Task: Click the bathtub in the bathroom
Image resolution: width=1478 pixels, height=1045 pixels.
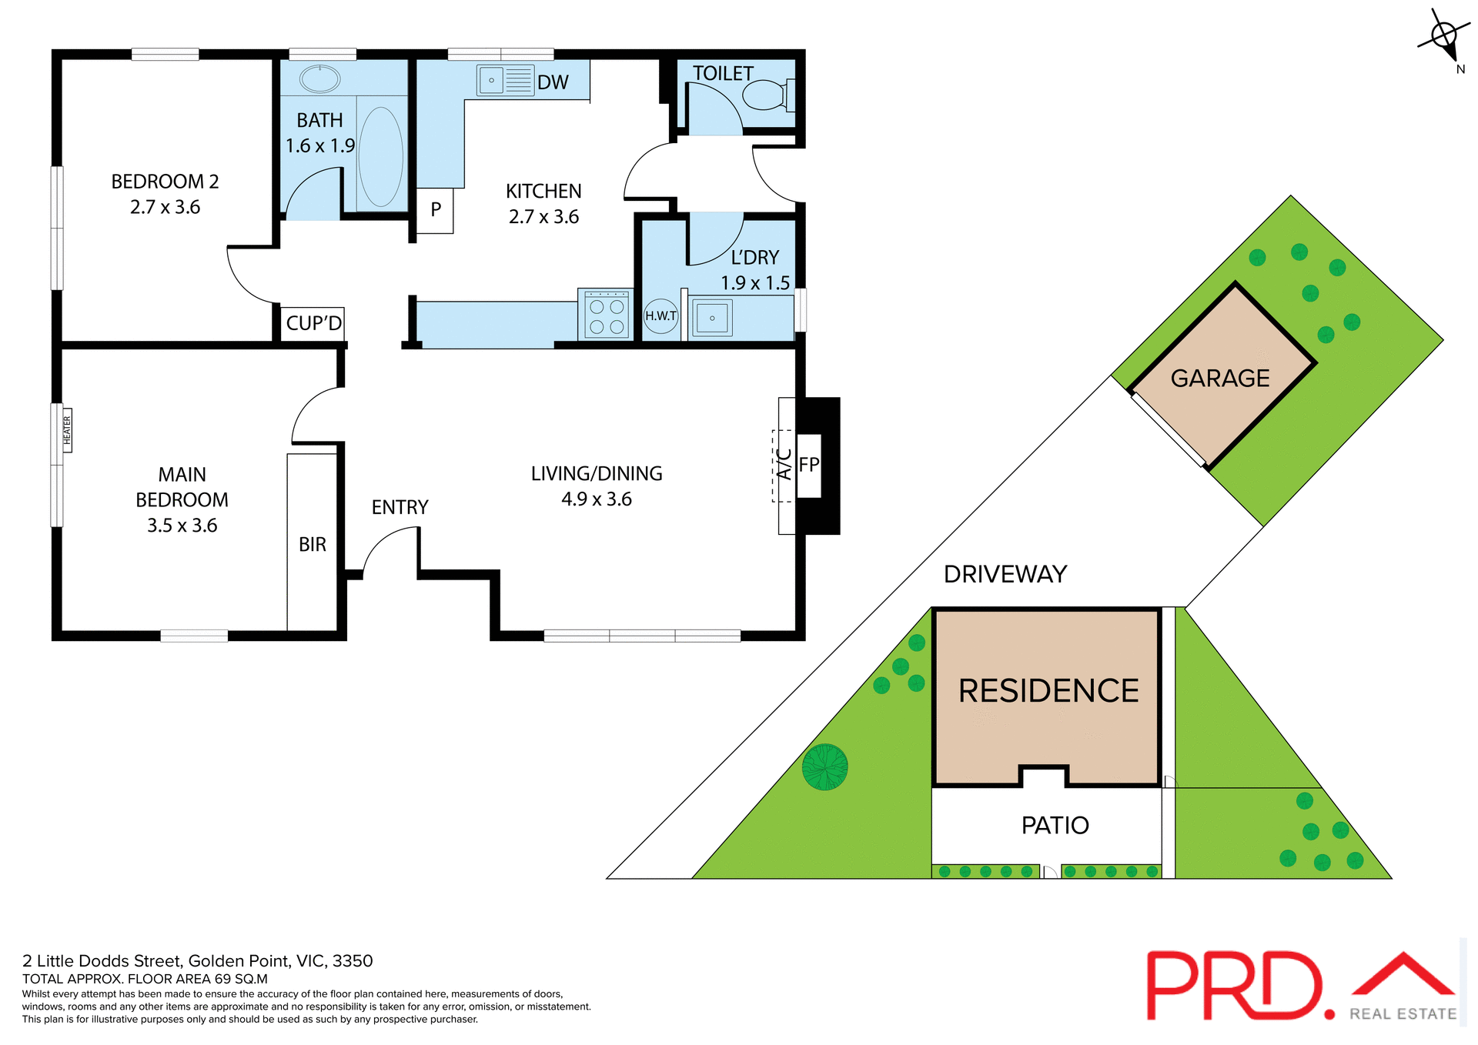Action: pyautogui.click(x=380, y=156)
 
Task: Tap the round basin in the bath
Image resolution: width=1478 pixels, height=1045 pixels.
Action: pyautogui.click(x=319, y=78)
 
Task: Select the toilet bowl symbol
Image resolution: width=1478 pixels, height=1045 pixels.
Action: pyautogui.click(x=764, y=95)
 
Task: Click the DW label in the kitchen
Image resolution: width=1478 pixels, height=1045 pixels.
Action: pyautogui.click(x=553, y=82)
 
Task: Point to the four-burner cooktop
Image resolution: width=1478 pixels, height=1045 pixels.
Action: pyautogui.click(x=607, y=315)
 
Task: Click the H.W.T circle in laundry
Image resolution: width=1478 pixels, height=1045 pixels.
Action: pyautogui.click(x=660, y=316)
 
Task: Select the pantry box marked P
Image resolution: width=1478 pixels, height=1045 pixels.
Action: pyautogui.click(x=435, y=209)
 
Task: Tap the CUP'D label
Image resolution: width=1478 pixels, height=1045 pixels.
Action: pyautogui.click(x=313, y=323)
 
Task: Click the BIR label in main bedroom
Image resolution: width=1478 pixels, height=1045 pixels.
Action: pyautogui.click(x=312, y=544)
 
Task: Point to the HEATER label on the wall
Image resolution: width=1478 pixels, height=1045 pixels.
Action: pyautogui.click(x=67, y=430)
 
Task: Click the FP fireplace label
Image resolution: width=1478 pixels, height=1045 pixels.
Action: pyautogui.click(x=808, y=465)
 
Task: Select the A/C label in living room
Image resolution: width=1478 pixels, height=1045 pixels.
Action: pyautogui.click(x=784, y=465)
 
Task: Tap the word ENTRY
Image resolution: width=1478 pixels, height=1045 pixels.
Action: pyautogui.click(x=400, y=507)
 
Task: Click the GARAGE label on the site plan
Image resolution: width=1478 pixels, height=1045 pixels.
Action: pyautogui.click(x=1219, y=378)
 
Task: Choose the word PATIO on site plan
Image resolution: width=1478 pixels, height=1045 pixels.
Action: pyautogui.click(x=1055, y=825)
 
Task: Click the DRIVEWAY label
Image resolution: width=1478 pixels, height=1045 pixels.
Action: pyautogui.click(x=1005, y=574)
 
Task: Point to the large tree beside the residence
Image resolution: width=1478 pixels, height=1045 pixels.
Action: pyautogui.click(x=824, y=766)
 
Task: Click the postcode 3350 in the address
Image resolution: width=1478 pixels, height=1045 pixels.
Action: pyautogui.click(x=353, y=960)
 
